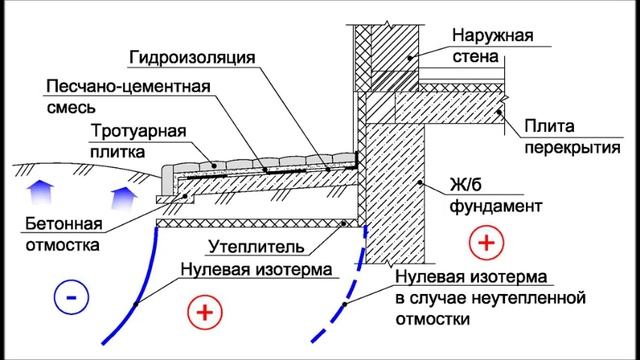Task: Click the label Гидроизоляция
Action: tap(192, 58)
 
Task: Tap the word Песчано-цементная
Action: tap(128, 87)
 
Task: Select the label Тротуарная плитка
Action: tap(138, 141)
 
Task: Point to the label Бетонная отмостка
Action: tap(64, 234)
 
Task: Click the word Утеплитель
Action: tap(256, 247)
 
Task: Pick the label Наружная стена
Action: tap(493, 46)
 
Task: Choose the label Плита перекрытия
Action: tap(572, 137)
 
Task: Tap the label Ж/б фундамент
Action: tap(496, 196)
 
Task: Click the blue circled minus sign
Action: tap(71, 297)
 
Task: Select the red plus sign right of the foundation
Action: tap(486, 242)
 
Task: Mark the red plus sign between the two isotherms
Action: tap(205, 312)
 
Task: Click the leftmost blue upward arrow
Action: tap(40, 193)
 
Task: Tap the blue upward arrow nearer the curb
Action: tap(124, 198)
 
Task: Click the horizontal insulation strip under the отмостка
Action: tap(257, 223)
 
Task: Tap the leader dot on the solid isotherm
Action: tap(136, 304)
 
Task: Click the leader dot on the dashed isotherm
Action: tap(344, 304)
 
